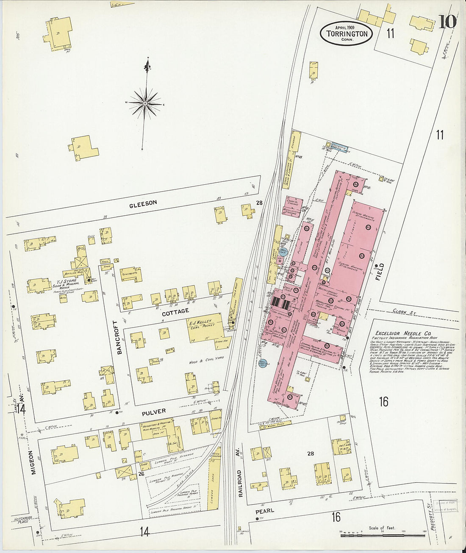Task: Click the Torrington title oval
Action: coord(347,33)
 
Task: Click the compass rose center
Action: coord(145,103)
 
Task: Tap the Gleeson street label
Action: coord(143,203)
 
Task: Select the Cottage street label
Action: coord(175,311)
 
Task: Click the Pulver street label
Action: coord(154,411)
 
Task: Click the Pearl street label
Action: coord(265,511)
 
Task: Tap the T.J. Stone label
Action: coord(66,281)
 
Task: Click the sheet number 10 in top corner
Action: coord(447,21)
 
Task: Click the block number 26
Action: coord(141,473)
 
